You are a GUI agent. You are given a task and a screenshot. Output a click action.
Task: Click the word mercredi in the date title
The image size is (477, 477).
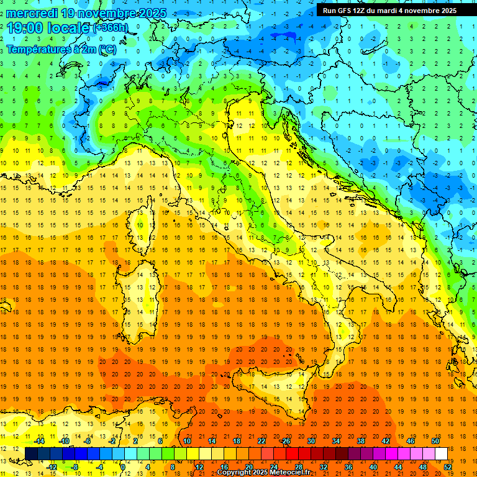(30, 12)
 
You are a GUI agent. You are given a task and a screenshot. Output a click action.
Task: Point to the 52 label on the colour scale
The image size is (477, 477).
(447, 467)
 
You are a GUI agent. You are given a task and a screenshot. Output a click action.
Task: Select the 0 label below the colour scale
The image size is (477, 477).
(123, 467)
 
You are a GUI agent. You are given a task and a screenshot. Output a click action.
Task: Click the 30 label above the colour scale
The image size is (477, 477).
(311, 441)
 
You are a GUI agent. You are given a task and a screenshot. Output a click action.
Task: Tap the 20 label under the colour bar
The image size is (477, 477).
(248, 467)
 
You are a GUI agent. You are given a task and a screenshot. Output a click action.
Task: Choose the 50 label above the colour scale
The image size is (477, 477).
(435, 441)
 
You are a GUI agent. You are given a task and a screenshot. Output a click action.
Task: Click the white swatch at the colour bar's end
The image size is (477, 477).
(441, 453)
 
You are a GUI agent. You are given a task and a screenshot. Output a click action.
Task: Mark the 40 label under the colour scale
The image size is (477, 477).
(373, 467)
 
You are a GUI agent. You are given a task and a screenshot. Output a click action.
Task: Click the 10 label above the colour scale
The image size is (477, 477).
(186, 441)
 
